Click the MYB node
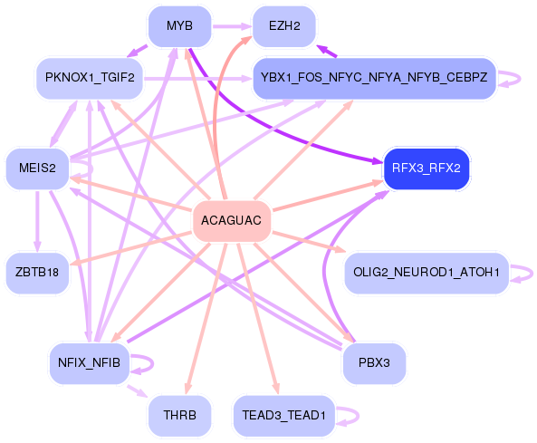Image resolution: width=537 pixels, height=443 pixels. coord(180,26)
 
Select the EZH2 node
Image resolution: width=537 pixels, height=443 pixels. coord(284,26)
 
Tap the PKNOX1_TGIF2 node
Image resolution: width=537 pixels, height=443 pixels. coord(90,79)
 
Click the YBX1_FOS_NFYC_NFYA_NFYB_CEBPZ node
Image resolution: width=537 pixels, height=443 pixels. coord(374,79)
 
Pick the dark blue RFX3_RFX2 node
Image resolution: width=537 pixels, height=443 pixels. coord(427,169)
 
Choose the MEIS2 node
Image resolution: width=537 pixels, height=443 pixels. coord(37,169)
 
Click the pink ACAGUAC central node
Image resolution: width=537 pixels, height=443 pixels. coord(232,221)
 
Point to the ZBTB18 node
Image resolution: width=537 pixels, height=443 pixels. coord(37,273)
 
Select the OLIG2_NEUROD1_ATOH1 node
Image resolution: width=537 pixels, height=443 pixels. coord(427,273)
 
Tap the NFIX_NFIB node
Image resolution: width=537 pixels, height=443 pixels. coord(90,363)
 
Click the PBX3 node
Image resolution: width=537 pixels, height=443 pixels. coord(374,363)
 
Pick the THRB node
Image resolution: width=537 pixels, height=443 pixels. coord(180,416)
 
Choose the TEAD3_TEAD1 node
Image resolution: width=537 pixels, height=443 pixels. coord(284,416)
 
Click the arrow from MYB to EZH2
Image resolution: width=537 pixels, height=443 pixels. coord(232,26)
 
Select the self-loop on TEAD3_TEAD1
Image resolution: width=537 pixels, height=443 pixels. coord(358,417)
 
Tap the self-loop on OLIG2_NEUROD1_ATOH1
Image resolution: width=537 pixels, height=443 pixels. coord(532,274)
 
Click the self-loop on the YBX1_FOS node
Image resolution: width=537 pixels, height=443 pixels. coord(520,79)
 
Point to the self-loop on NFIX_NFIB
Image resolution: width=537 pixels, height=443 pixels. coord(152,364)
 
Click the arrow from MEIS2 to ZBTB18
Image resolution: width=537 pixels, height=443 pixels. coord(37,221)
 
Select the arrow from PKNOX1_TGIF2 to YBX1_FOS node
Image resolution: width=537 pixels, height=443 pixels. coord(198,79)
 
